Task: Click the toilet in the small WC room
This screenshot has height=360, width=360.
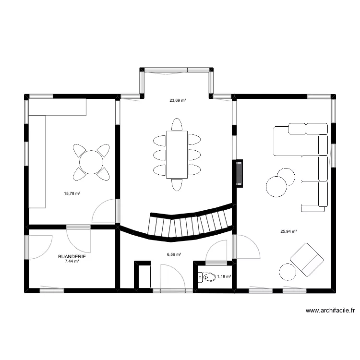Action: pos(207,277)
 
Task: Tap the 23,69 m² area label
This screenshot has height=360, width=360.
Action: pos(177,101)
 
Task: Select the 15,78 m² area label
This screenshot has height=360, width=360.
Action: pos(72,194)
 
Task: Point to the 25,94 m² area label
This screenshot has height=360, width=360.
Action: pos(288,231)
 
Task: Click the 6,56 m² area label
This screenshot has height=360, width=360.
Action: pos(174,254)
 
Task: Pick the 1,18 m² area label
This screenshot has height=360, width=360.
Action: pos(224,277)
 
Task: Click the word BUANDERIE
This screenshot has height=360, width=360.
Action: pos(72,257)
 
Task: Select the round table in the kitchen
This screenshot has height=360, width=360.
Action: pos(91,162)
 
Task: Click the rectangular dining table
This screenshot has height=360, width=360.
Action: pos(177,154)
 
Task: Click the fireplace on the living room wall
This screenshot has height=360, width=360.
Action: pos(239,173)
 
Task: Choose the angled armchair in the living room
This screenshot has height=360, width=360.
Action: pos(306,259)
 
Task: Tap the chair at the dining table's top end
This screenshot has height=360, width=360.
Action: pos(177,124)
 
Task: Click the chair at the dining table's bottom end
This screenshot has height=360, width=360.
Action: pos(177,184)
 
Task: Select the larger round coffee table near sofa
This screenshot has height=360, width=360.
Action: pos(276,187)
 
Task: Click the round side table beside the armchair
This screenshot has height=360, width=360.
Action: pos(288,272)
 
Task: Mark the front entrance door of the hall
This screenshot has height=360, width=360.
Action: pos(169,290)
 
